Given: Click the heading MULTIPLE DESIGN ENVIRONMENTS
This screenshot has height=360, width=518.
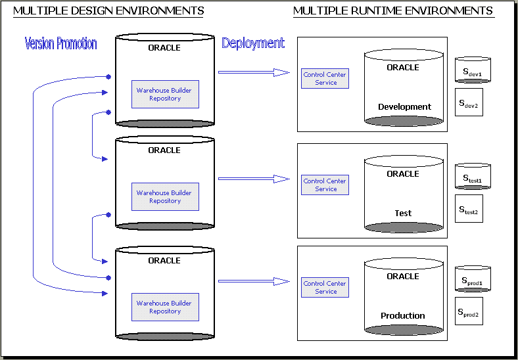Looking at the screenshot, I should pos(108,11).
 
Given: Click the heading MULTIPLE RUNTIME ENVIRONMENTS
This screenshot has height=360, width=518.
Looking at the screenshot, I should pos(393,11).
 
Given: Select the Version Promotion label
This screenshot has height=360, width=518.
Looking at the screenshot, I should pos(60,44).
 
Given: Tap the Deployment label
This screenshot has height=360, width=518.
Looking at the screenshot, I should pos(253,43).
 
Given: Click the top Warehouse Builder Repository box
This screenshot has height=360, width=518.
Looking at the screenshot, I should pos(164,95).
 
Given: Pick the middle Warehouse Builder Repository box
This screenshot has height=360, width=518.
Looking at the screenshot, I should pos(164,197).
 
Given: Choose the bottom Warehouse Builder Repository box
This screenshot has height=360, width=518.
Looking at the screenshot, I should pos(164,307).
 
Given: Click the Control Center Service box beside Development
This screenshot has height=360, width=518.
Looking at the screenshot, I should pos(325,79).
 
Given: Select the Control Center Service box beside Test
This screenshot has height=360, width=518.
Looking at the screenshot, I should pos(325,185).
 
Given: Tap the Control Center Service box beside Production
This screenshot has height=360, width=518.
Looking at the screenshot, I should pos(325,288).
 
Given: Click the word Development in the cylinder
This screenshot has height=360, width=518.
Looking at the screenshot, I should pos(404,107).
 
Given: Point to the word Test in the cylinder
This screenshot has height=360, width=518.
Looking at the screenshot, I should pos(403,214).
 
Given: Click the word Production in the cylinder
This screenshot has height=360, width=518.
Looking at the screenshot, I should pos(403,316).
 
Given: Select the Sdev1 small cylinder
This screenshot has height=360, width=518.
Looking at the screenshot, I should pos(473,71).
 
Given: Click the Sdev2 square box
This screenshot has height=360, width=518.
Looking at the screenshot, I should pos(469,102).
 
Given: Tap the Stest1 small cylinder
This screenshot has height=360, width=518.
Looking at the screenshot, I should pos(473,177).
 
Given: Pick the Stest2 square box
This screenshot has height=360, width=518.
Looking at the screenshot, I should pos(469,209).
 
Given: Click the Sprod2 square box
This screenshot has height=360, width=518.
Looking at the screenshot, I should pos(469,311).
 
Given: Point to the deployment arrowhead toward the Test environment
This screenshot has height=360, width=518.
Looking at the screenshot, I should pos(283,179).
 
